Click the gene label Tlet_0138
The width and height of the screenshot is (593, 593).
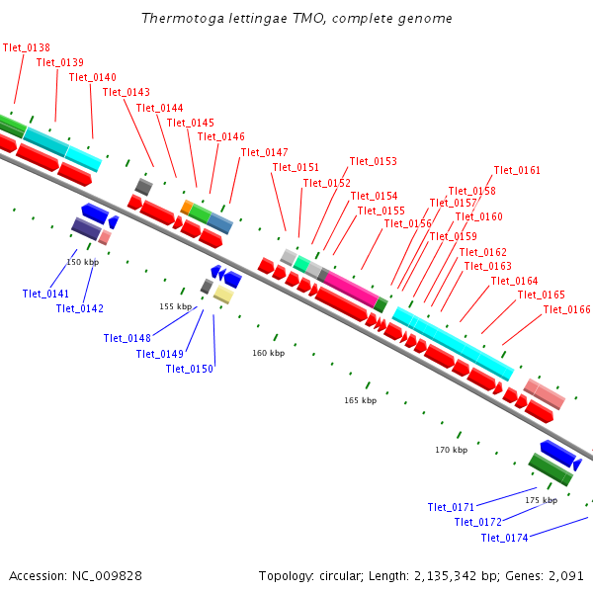coord(27,47)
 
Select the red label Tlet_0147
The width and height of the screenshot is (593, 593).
coord(264,152)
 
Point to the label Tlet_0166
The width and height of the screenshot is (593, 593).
coord(567,310)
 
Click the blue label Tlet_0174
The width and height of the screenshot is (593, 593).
coord(505,538)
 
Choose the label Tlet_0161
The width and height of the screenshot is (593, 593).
coord(517,170)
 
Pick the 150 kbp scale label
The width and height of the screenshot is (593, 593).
coord(82,262)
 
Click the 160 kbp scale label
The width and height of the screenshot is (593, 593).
coord(268,353)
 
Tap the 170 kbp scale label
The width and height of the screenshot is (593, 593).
coord(451,450)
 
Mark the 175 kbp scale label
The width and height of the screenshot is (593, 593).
coord(541,500)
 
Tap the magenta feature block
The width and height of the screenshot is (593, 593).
coord(350,288)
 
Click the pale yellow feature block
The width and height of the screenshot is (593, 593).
coord(223,294)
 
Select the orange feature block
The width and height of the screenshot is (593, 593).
coord(186,207)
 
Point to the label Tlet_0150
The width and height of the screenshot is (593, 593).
coord(190,369)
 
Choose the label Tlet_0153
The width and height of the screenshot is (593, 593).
coord(374,161)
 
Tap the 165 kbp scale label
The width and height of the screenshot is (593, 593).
coord(360,400)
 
